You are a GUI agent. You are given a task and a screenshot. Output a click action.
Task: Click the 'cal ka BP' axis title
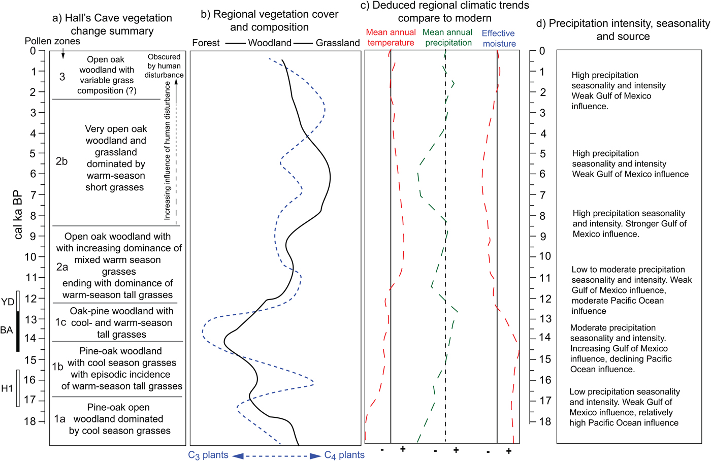tap(18, 214)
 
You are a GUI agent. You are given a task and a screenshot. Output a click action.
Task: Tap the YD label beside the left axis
tap(8, 302)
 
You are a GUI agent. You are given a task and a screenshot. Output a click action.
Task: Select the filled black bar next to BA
tap(18, 331)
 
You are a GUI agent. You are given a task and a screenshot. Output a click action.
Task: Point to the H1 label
tap(7, 388)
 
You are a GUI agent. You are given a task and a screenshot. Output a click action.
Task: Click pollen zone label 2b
tap(61, 161)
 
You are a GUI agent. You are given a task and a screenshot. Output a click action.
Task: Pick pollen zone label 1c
tap(60, 322)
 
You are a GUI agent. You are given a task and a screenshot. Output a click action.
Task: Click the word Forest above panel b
tap(206, 43)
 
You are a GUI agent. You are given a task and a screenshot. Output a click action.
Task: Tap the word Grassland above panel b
tap(338, 43)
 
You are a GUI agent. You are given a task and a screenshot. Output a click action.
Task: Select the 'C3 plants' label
tap(208, 455)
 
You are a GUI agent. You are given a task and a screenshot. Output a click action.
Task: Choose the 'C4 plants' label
tap(344, 455)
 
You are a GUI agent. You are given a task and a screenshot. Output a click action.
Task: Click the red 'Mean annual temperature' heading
tap(391, 38)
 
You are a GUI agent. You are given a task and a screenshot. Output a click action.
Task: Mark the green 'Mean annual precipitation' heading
tap(448, 38)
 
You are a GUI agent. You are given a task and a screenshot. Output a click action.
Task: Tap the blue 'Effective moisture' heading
tap(498, 38)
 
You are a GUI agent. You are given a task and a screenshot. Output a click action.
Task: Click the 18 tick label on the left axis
tap(30, 421)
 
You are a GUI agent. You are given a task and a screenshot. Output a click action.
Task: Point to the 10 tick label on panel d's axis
tap(544, 256)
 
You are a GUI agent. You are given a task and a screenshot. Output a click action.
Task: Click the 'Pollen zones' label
tap(52, 41)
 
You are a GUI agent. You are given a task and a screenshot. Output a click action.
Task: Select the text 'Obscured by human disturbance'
tap(164, 66)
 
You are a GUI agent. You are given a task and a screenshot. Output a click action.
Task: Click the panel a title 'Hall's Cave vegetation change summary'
tap(112, 24)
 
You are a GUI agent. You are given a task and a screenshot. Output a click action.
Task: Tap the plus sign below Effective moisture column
tap(508, 451)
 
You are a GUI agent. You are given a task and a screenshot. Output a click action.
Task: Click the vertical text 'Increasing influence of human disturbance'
tap(167, 151)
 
